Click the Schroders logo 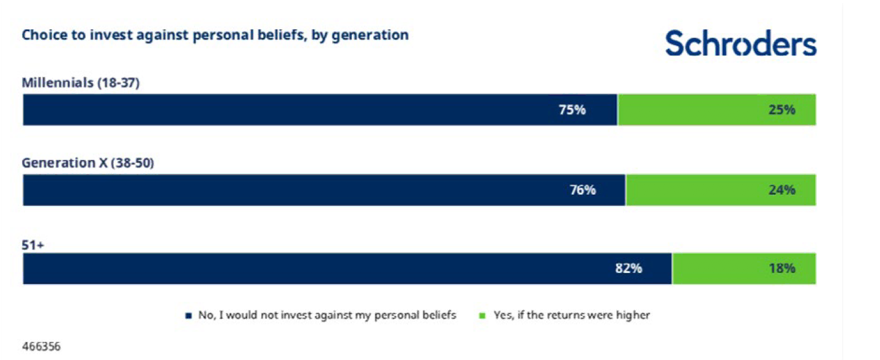741,43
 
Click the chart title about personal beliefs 215,36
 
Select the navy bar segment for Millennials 320,110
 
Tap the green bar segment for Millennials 717,110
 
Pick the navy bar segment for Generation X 324,190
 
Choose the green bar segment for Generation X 721,190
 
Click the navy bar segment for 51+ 348,268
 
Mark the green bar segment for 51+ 745,268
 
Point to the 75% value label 572,110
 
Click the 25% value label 782,110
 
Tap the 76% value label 583,190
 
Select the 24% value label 782,190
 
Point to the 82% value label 628,268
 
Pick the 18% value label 782,268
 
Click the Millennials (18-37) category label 81,83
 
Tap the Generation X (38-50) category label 88,163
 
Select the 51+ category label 33,246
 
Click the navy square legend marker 188,315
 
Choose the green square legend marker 482,315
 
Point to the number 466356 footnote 41,347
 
